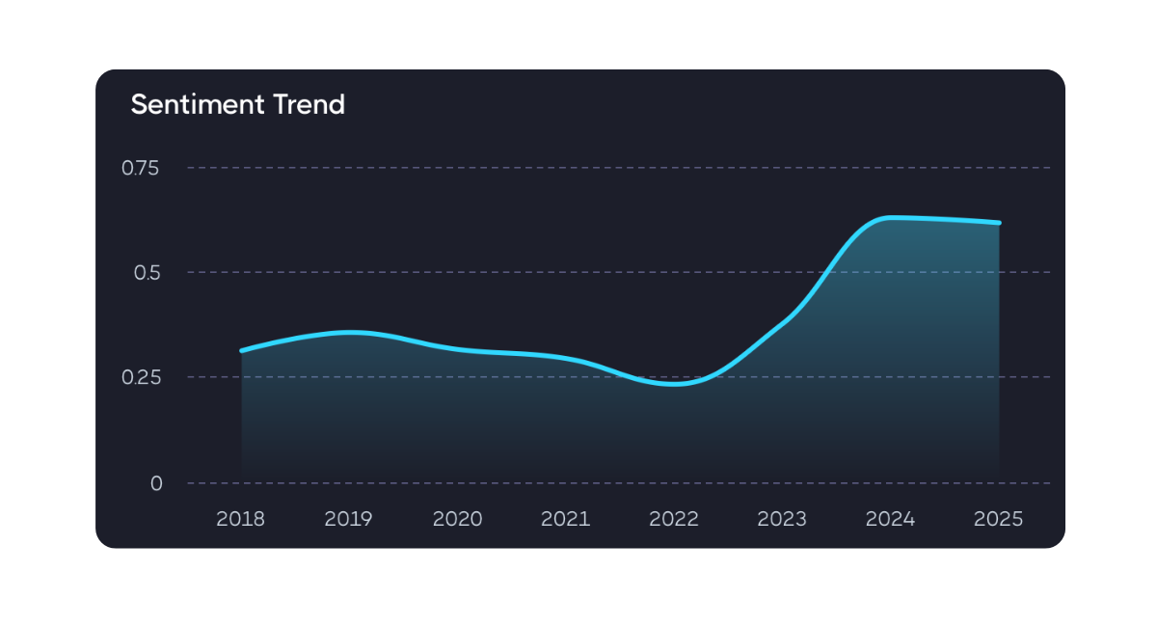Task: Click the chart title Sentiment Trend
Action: [237, 104]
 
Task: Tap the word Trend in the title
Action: [310, 104]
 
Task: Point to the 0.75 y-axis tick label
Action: [140, 168]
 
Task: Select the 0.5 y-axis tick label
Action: [146, 272]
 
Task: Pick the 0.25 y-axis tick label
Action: [140, 377]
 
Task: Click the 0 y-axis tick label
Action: [156, 483]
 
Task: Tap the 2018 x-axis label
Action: [240, 519]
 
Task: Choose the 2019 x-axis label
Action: [348, 519]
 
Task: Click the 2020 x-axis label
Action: [457, 519]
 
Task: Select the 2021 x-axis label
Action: [565, 519]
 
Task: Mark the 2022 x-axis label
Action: [674, 519]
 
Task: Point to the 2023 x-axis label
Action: [782, 519]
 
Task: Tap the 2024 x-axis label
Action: [890, 519]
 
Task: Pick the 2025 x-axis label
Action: [999, 519]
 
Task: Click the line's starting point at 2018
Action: [242, 350]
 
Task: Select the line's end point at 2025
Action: [999, 223]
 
